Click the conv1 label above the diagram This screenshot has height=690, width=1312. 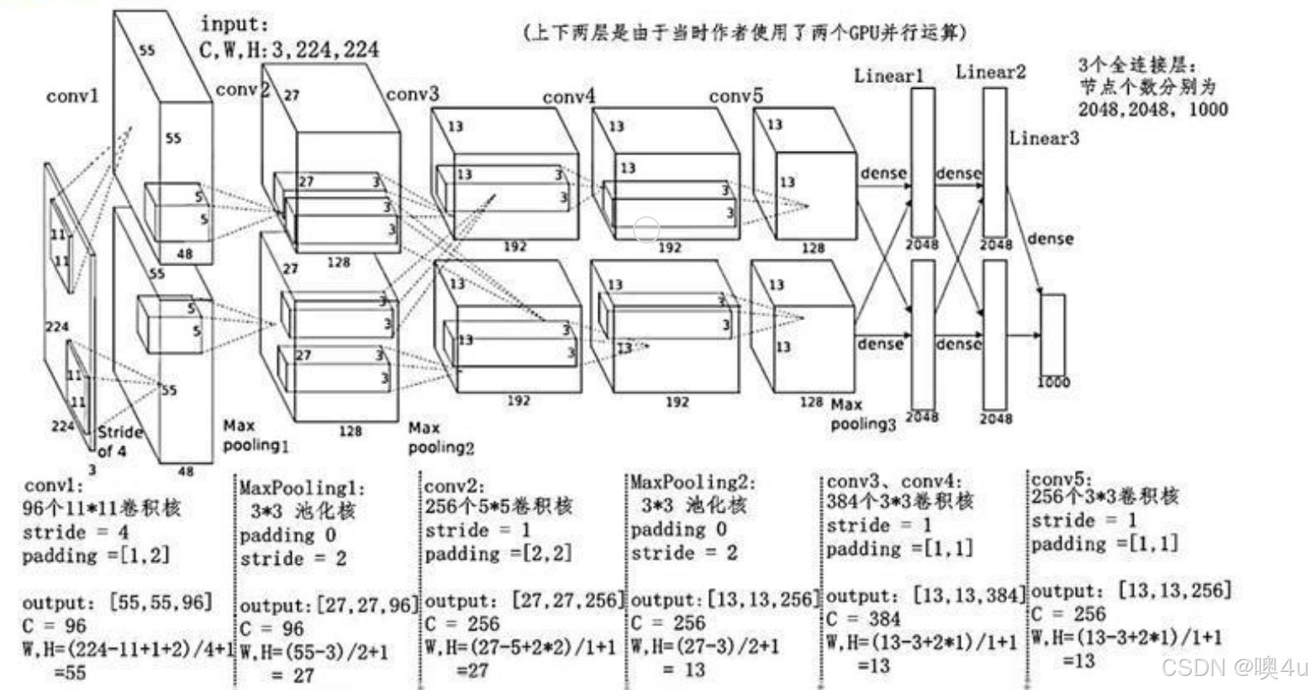point(72,96)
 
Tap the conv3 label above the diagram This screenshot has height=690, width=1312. point(413,94)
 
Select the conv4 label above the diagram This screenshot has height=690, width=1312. point(569,97)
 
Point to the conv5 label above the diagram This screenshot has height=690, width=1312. point(736,96)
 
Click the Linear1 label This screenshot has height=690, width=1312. point(888,75)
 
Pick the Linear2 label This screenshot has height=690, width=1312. point(990,72)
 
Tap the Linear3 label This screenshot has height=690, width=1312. point(1044,138)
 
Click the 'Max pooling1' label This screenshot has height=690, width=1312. point(255,436)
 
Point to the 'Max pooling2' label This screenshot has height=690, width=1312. point(440,438)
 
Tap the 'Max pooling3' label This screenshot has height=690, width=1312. point(862,415)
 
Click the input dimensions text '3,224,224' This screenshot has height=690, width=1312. point(325,50)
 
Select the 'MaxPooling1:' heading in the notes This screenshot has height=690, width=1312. point(302,488)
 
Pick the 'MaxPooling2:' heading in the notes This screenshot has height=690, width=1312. point(693,482)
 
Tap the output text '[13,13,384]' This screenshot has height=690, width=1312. point(970,595)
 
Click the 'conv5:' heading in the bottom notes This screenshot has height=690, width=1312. point(1062,479)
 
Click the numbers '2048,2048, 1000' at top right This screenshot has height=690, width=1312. point(1153,109)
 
